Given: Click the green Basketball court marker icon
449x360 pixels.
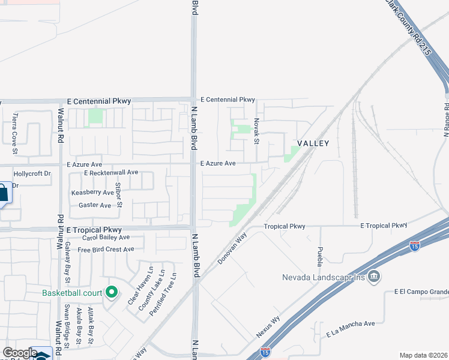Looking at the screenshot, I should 111,293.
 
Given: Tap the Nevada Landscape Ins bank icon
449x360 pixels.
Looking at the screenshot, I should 375,277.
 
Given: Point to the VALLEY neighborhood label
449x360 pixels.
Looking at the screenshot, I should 313,143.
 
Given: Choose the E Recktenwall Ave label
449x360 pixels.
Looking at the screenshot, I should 111,172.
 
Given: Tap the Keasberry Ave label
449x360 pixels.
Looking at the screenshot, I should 92,193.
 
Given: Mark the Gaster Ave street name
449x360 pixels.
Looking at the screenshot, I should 95,205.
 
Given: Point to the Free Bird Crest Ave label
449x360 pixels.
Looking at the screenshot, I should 106,249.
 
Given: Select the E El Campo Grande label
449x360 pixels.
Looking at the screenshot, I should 421,292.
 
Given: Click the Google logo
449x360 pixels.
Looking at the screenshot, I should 20,353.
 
